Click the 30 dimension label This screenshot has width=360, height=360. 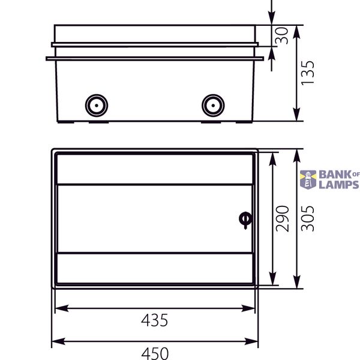(281, 35)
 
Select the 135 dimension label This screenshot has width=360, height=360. (307, 73)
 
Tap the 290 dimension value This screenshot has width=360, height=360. (282, 218)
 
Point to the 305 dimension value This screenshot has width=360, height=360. (307, 218)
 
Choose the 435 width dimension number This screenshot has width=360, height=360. (155, 320)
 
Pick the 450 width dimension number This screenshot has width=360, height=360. (155, 353)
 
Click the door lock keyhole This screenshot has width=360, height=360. (245, 220)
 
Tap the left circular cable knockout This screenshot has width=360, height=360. (97, 106)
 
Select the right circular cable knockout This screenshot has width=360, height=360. (213, 106)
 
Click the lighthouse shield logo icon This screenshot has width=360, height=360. (308, 179)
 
